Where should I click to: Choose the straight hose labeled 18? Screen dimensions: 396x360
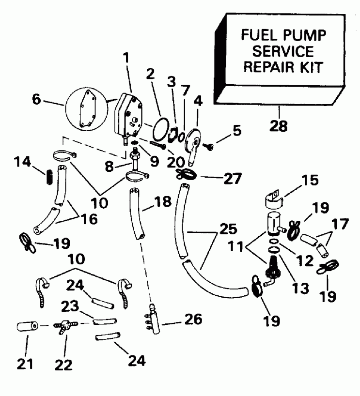coord(137,215)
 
